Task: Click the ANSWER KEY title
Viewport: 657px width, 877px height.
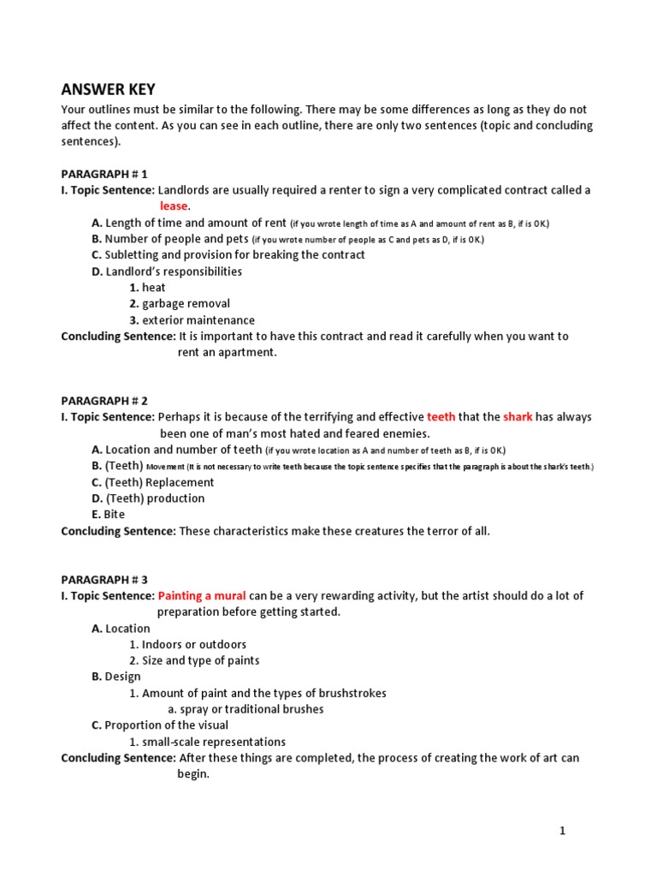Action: click(x=108, y=90)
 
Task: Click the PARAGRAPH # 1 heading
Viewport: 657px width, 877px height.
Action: click(x=104, y=174)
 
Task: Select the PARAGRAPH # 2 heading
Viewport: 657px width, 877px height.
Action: click(x=104, y=401)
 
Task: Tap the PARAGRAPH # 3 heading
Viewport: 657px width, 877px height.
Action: click(x=104, y=579)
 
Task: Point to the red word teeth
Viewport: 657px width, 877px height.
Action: click(x=441, y=417)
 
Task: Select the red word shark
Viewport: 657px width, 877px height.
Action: click(x=518, y=417)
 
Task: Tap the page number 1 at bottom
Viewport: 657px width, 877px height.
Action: click(x=562, y=830)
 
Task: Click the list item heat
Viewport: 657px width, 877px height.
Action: click(x=147, y=288)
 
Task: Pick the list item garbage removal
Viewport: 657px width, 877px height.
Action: click(x=180, y=303)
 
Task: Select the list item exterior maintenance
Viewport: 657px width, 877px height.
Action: click(x=192, y=320)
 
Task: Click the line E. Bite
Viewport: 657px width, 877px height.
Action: click(x=108, y=515)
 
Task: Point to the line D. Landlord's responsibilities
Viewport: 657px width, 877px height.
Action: click(x=167, y=271)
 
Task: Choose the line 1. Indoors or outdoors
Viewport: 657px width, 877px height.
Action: click(x=187, y=644)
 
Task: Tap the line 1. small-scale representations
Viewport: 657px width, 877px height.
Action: click(x=207, y=742)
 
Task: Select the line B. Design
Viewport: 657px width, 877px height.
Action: click(x=116, y=677)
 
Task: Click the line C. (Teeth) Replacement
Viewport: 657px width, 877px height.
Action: click(x=153, y=482)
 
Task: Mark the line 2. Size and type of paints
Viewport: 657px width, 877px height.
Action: click(x=194, y=660)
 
